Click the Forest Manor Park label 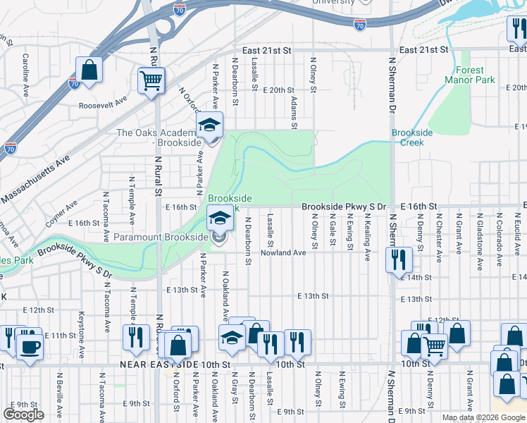click(464, 75)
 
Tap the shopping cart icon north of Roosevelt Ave click(151, 81)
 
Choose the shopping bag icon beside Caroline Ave click(89, 70)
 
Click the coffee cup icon click(29, 347)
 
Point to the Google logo click(23, 414)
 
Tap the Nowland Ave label click(283, 252)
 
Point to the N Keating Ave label click(367, 239)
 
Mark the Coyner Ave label click(62, 215)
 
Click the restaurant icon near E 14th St click(398, 259)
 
